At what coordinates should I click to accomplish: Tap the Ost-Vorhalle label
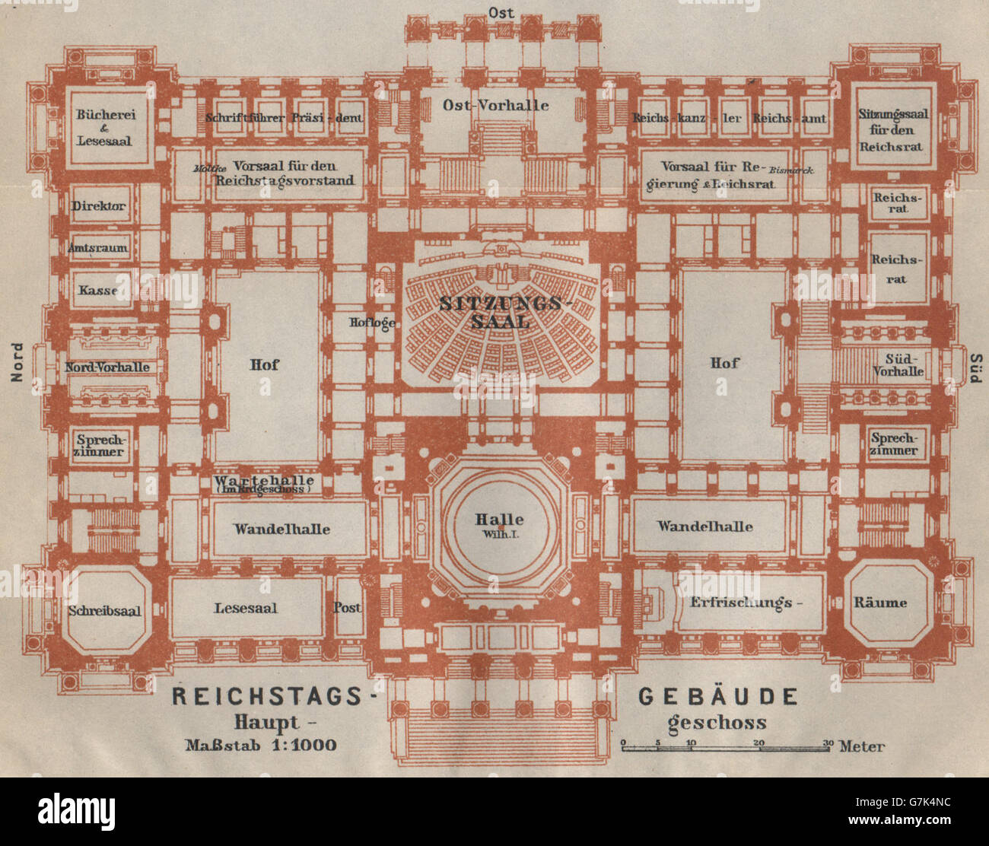495,105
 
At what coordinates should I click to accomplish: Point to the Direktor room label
99,206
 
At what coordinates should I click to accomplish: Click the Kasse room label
97,290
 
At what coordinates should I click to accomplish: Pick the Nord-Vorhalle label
107,367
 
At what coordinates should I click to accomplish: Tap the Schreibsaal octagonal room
105,610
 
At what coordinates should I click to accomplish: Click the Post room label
347,608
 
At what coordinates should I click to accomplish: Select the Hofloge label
372,323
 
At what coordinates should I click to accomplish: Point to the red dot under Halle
500,526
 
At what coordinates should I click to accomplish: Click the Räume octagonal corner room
880,603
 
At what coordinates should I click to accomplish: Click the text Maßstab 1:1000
261,744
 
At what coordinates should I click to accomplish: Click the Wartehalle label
263,481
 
